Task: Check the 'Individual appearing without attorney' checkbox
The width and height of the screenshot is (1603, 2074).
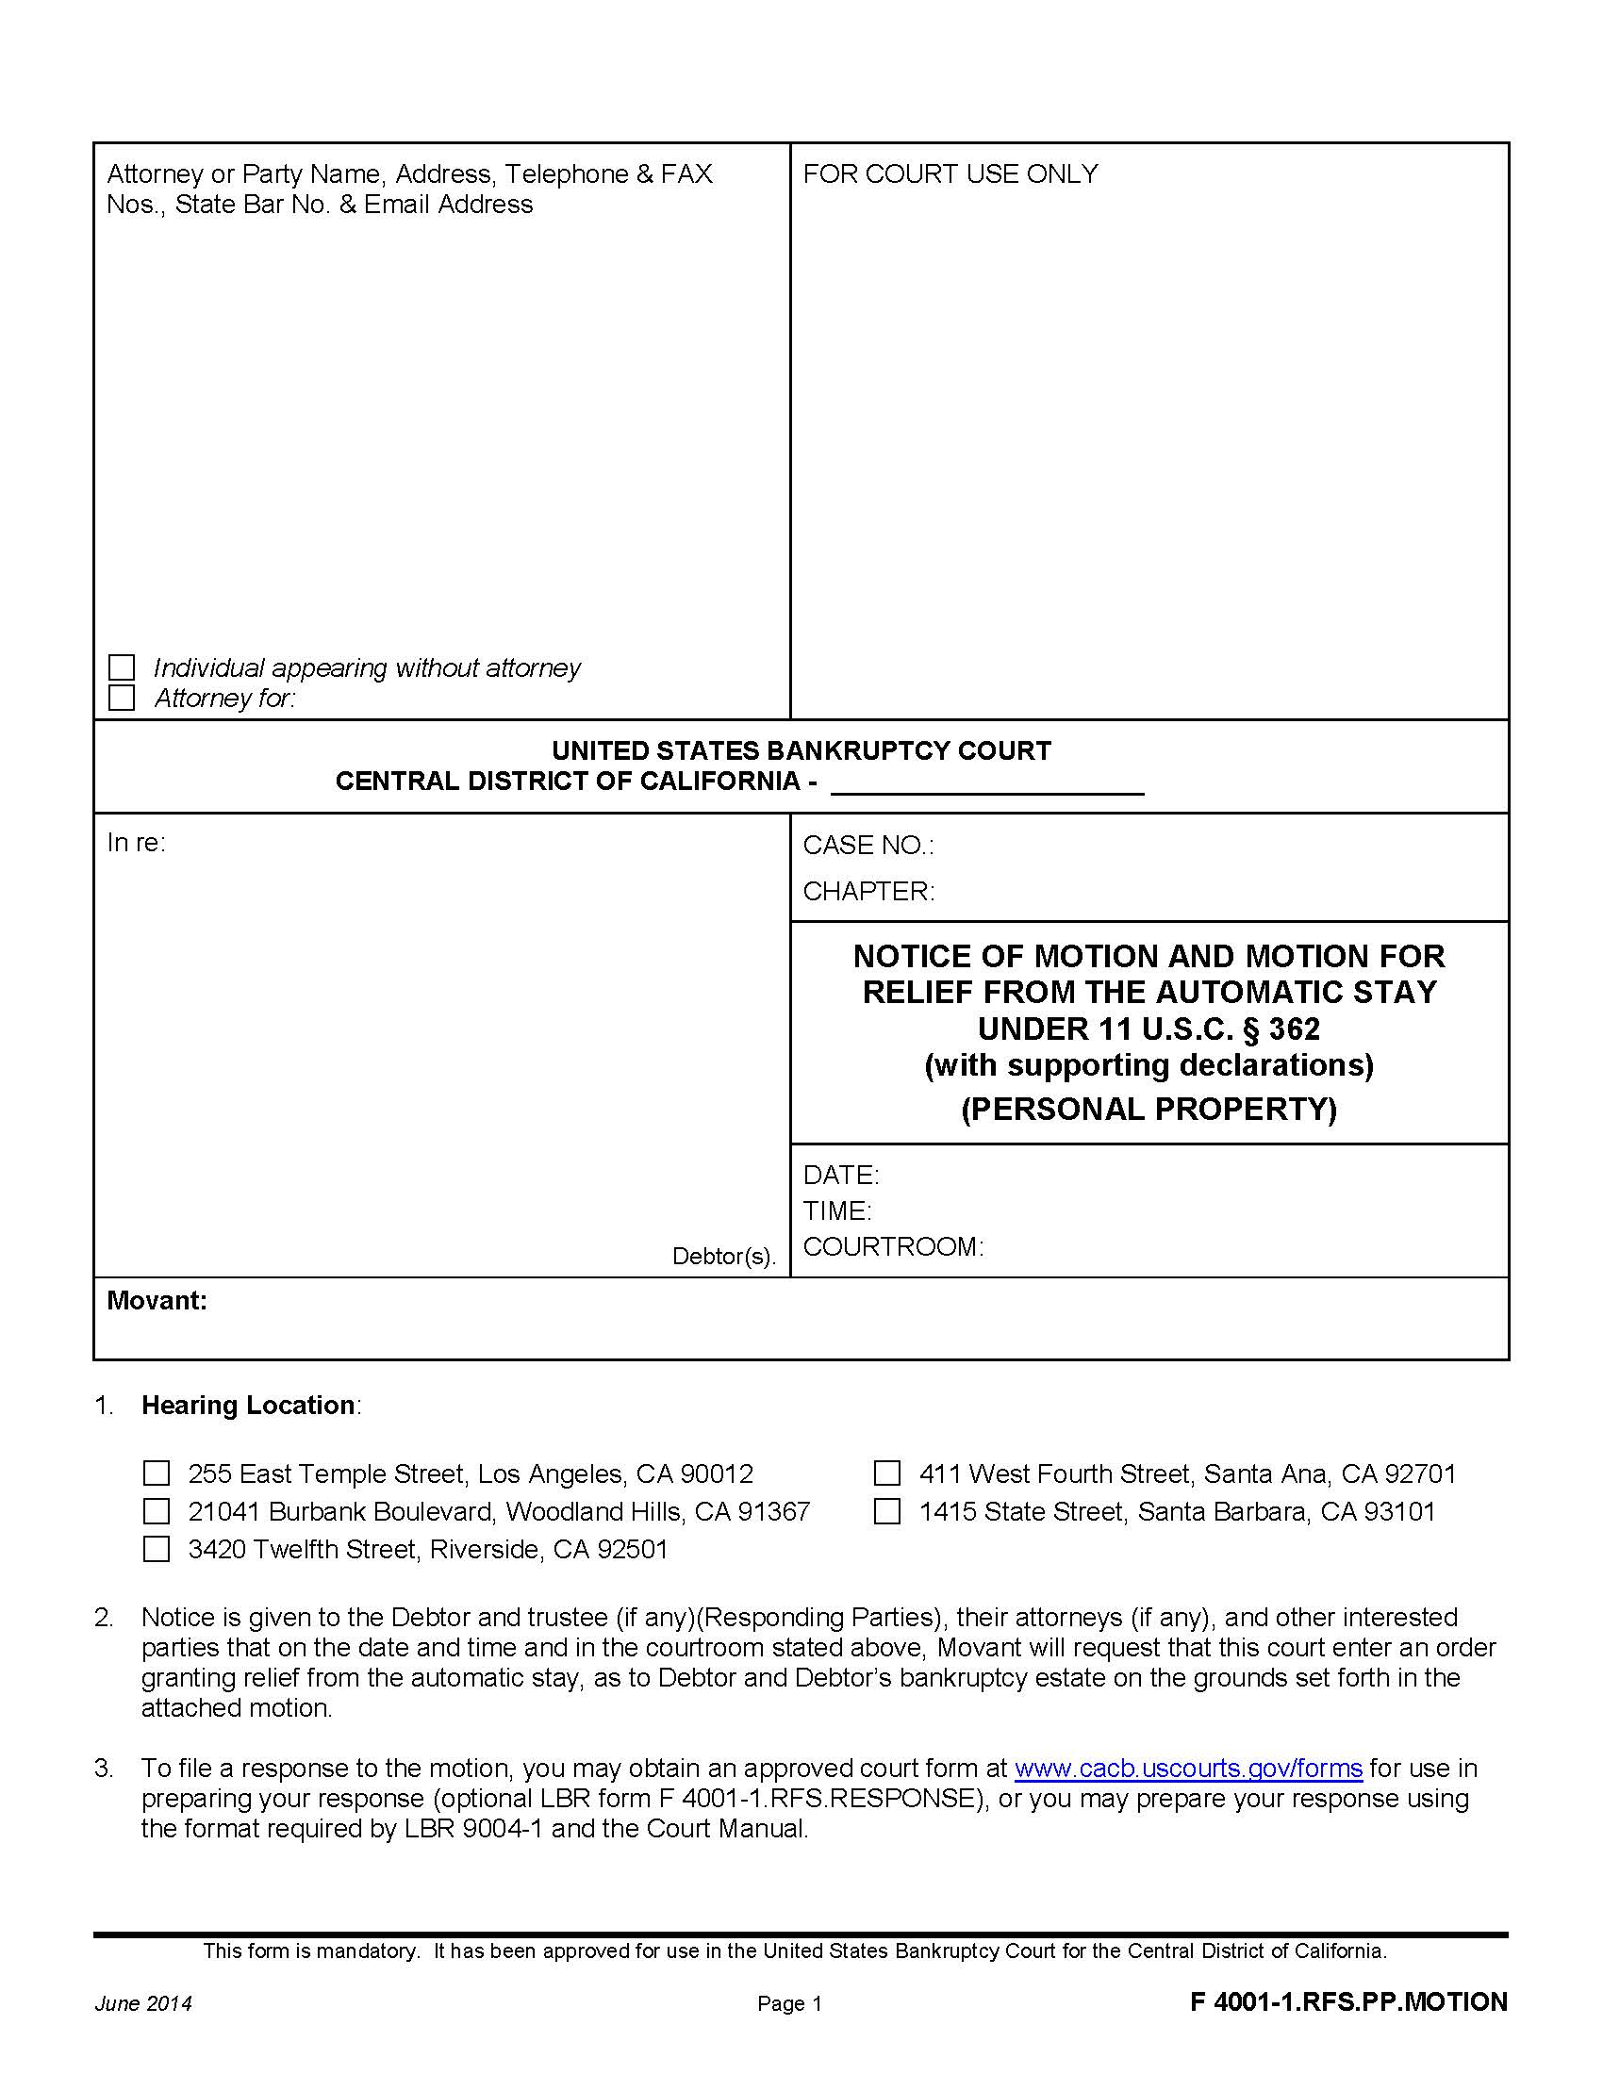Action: pyautogui.click(x=122, y=667)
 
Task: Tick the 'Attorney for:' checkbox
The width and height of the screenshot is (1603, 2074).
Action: pyautogui.click(x=122, y=698)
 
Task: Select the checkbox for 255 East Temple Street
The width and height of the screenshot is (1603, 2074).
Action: pyautogui.click(x=156, y=1473)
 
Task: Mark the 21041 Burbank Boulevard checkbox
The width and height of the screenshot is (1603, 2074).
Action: pyautogui.click(x=156, y=1511)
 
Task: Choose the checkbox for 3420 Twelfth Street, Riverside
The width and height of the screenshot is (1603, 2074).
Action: pyautogui.click(x=156, y=1549)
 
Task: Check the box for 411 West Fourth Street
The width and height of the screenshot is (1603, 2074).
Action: pyautogui.click(x=887, y=1473)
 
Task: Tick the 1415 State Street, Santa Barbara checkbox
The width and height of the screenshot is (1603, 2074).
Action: pyautogui.click(x=887, y=1511)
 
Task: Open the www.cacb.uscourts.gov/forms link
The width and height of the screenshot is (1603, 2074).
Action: pyautogui.click(x=1188, y=1769)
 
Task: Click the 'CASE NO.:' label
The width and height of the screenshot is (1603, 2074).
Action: pyautogui.click(x=868, y=846)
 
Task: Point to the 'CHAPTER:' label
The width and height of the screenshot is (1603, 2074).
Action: pyautogui.click(x=868, y=891)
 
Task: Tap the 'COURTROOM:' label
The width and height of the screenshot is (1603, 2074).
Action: pyautogui.click(x=893, y=1246)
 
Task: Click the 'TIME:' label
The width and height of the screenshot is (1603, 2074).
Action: pyautogui.click(x=836, y=1210)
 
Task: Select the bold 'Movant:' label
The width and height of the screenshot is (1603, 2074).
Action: pyautogui.click(x=157, y=1300)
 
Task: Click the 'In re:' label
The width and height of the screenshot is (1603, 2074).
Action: pyautogui.click(x=136, y=842)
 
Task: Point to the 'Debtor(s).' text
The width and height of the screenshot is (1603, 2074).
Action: pyautogui.click(x=723, y=1257)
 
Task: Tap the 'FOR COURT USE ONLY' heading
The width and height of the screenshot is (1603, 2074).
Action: pyautogui.click(x=950, y=173)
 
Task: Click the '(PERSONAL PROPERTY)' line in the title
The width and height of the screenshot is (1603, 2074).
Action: pyautogui.click(x=1149, y=1109)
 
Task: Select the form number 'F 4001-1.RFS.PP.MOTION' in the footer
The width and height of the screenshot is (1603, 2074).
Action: pyautogui.click(x=1348, y=2001)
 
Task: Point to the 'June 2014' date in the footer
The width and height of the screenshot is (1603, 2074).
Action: pyautogui.click(x=143, y=2002)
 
